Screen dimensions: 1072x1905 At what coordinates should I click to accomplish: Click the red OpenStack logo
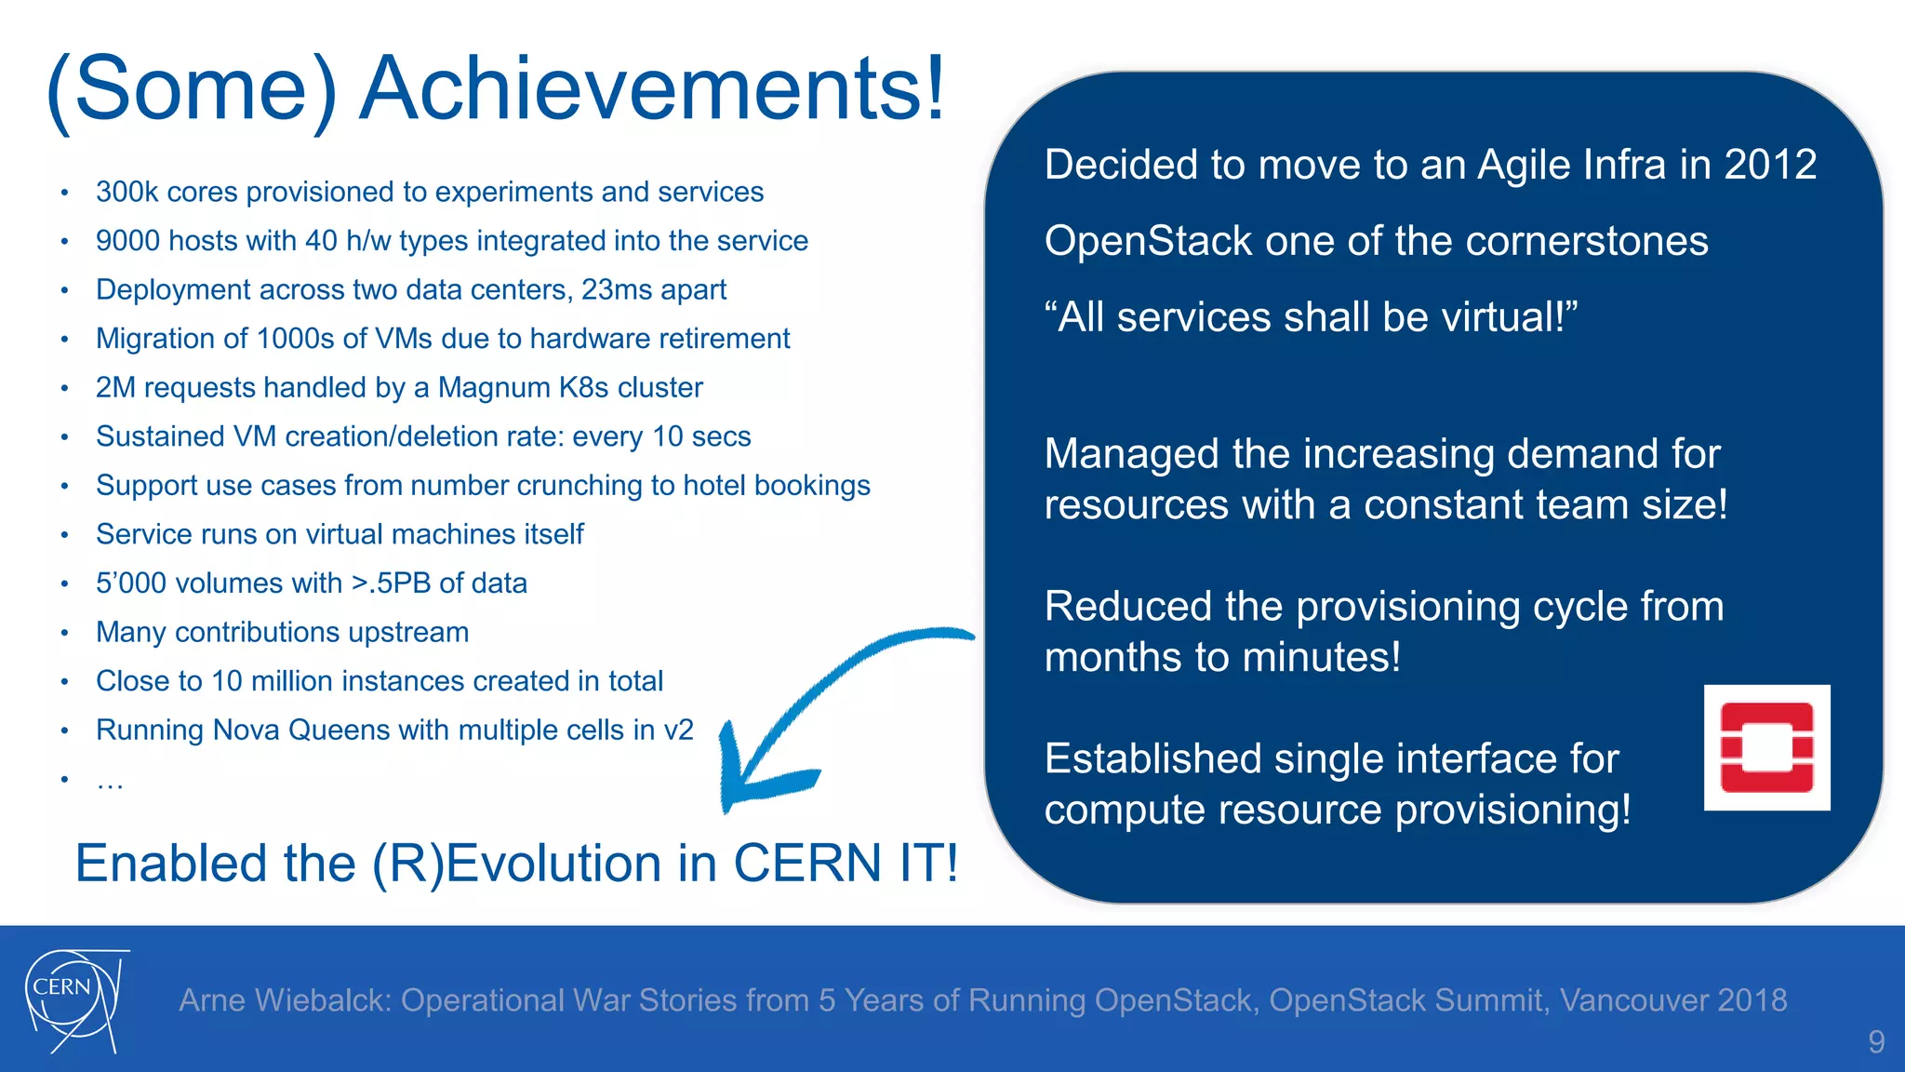click(1766, 748)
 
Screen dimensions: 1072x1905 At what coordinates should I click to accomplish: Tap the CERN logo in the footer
click(73, 1000)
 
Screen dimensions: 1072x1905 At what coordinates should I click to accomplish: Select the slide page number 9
click(1876, 1041)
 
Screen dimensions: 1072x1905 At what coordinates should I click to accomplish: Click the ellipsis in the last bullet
click(110, 782)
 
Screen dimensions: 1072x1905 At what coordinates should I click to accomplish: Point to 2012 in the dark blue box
click(1770, 165)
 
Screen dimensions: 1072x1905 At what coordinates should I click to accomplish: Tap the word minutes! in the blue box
click(1321, 658)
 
